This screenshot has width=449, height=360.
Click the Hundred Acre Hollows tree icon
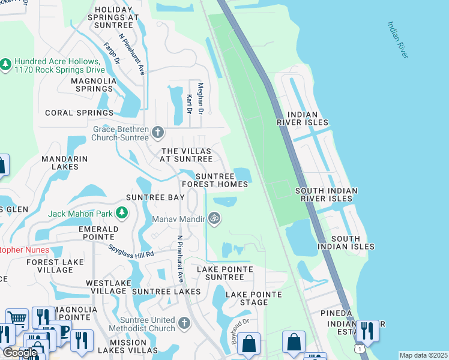[6, 64]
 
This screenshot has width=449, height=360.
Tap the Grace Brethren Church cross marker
[158, 132]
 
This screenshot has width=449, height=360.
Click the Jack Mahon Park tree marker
[122, 212]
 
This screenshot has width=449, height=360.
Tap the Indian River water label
[397, 40]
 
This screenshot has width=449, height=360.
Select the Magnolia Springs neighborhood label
[92, 85]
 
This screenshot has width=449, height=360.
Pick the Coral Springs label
[79, 113]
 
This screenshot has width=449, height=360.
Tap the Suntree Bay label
[155, 197]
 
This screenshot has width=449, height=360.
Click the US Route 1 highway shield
[358, 349]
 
